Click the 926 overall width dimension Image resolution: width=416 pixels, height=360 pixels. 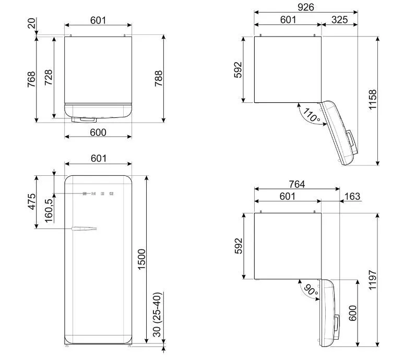pyautogui.click(x=306, y=7)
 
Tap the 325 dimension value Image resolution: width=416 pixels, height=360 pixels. pyautogui.click(x=339, y=20)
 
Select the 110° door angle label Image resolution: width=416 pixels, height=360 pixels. pyautogui.click(x=312, y=115)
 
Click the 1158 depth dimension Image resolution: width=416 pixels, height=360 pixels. pyautogui.click(x=373, y=99)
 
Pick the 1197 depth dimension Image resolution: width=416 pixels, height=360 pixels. pyautogui.click(x=373, y=280)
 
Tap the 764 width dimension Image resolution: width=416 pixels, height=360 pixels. pyautogui.click(x=297, y=184)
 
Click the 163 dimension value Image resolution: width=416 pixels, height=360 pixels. pyautogui.click(x=352, y=196)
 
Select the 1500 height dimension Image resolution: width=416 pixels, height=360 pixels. pyautogui.click(x=141, y=259)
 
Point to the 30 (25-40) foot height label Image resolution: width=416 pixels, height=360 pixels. pyautogui.click(x=157, y=315)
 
